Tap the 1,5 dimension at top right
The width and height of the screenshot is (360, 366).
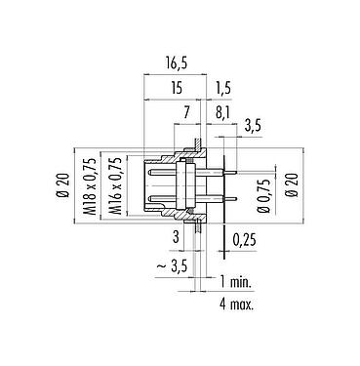(x=223, y=87)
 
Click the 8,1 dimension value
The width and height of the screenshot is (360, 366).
(x=222, y=114)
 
